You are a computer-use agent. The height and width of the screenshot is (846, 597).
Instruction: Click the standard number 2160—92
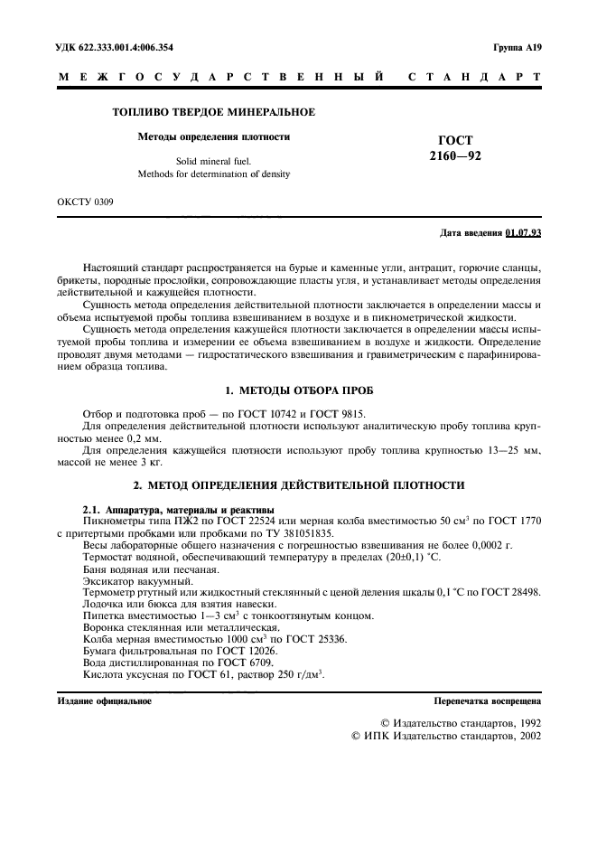(456, 156)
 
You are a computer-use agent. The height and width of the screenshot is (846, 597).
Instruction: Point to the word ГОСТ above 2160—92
(456, 140)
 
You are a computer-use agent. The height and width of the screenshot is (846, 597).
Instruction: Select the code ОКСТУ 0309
(86, 205)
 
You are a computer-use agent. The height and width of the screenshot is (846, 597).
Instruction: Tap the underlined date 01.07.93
(524, 233)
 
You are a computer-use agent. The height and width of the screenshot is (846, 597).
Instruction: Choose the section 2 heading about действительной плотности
(298, 484)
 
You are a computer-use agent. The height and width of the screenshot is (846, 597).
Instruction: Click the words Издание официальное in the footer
(104, 700)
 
